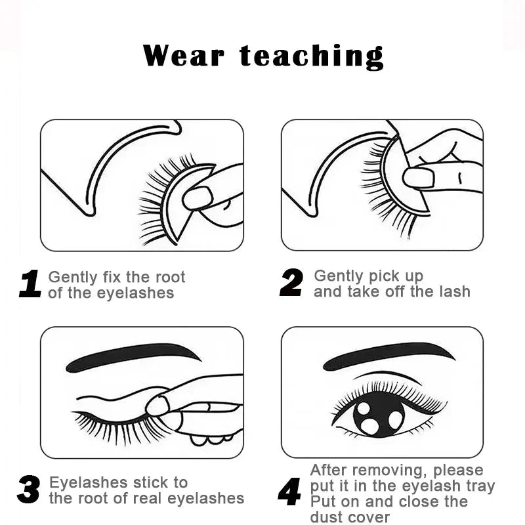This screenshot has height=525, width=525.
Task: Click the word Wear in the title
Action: [x=183, y=56]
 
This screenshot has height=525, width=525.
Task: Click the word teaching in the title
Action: [x=311, y=57]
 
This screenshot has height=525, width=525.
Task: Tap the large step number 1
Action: [x=30, y=284]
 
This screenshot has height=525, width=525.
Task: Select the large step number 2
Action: [x=291, y=282]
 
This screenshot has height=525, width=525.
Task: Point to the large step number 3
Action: [x=28, y=489]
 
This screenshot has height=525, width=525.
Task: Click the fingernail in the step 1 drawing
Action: [x=198, y=198]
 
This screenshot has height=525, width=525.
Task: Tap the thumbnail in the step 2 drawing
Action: [x=419, y=178]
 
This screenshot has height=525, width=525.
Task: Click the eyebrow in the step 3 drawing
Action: [x=133, y=357]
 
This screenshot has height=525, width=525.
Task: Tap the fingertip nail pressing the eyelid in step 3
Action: [x=157, y=406]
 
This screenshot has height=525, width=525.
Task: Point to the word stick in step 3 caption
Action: [x=150, y=483]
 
